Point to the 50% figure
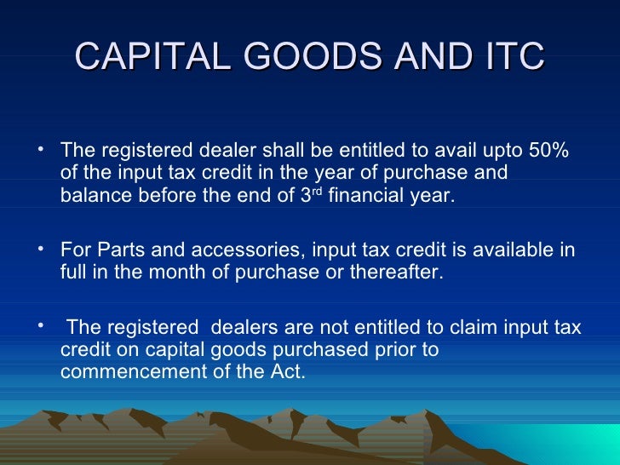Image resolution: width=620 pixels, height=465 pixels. pyautogui.click(x=548, y=151)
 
